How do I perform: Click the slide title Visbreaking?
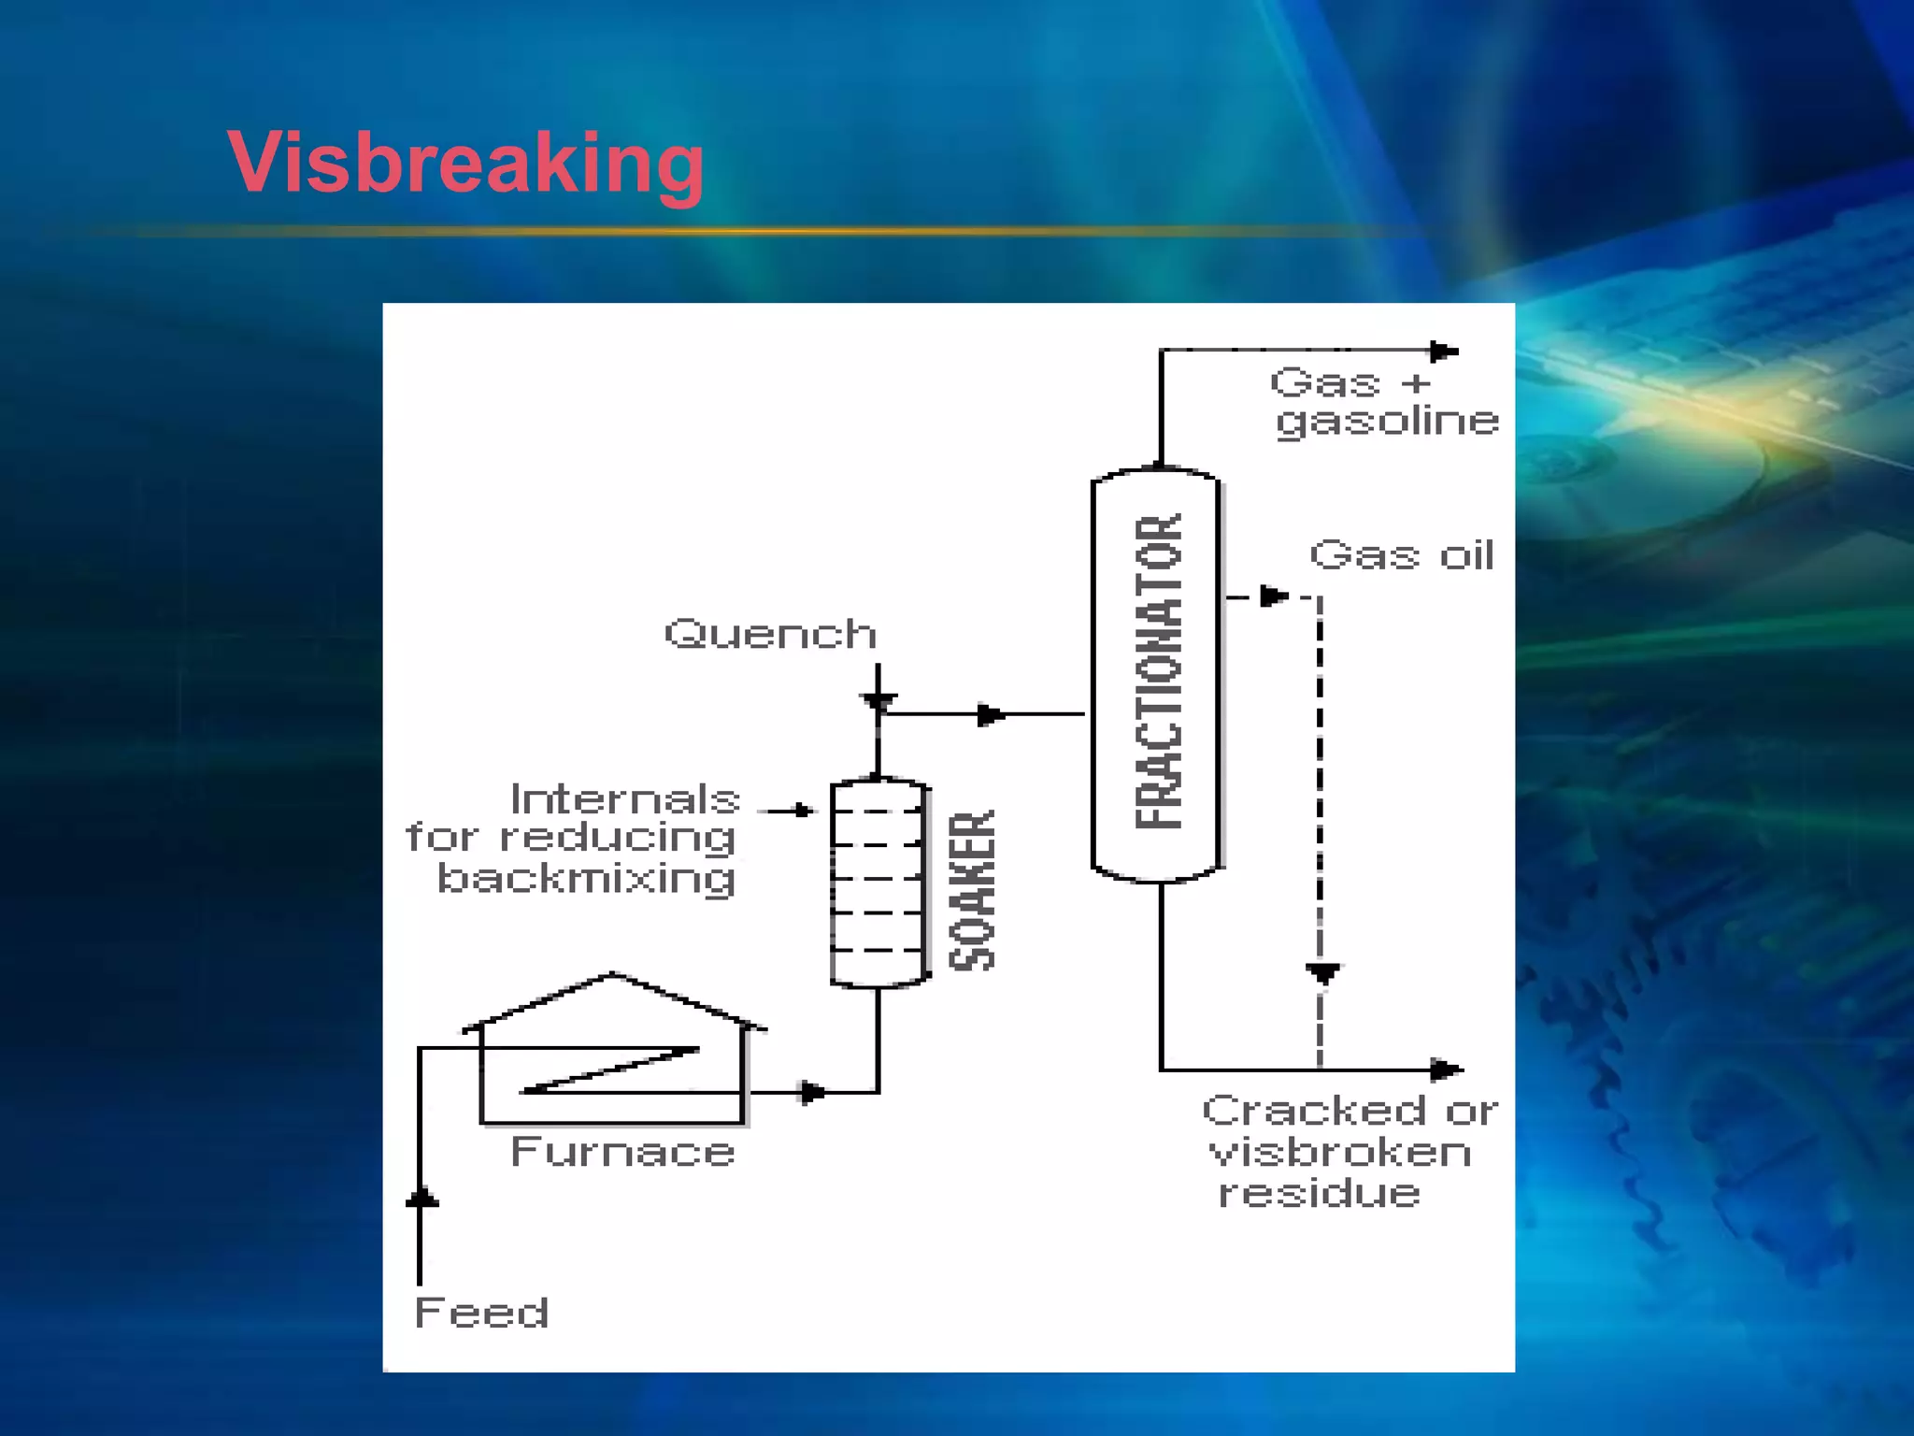point(465,164)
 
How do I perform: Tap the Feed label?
point(481,1313)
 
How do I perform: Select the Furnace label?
point(622,1152)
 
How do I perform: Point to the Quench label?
point(770,635)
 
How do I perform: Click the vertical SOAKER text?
point(972,890)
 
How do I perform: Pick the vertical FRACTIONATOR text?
point(1159,671)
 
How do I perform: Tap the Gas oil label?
point(1401,555)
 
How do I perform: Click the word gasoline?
point(1387,422)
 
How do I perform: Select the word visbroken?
point(1340,1153)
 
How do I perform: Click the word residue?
point(1319,1194)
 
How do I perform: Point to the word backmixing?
point(586,879)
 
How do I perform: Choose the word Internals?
point(625,800)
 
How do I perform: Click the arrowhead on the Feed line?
point(421,1198)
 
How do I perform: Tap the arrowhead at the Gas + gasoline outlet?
point(1444,352)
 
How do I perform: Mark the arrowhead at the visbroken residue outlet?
point(1447,1069)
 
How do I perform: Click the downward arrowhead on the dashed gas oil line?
point(1322,974)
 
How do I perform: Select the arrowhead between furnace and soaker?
point(813,1092)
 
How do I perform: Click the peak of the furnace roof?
point(612,974)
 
